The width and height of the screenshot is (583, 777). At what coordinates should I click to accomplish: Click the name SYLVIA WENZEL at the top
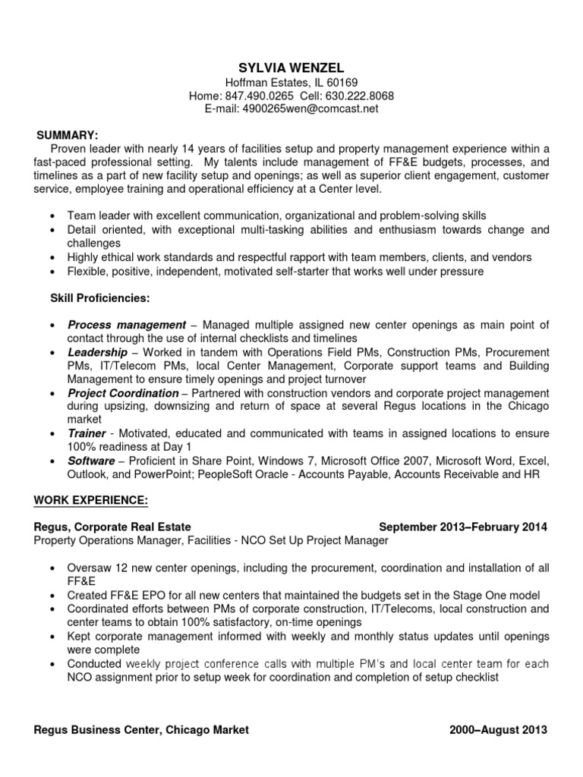[291, 68]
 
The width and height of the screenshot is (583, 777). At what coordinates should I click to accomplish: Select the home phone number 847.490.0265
[254, 96]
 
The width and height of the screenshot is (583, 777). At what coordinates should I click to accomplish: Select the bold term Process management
[127, 325]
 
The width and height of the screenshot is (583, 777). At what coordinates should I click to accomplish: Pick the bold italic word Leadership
[98, 352]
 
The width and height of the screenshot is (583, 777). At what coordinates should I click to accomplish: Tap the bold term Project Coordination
[123, 393]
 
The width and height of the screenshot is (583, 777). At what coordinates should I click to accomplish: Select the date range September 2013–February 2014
[462, 527]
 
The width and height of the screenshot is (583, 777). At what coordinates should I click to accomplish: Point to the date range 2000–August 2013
[498, 731]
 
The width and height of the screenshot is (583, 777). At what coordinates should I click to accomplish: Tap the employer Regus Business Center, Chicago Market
[141, 731]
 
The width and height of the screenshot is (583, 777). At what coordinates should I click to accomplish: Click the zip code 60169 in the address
[342, 82]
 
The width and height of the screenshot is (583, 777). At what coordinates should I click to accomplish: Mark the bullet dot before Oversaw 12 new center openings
[51, 568]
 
